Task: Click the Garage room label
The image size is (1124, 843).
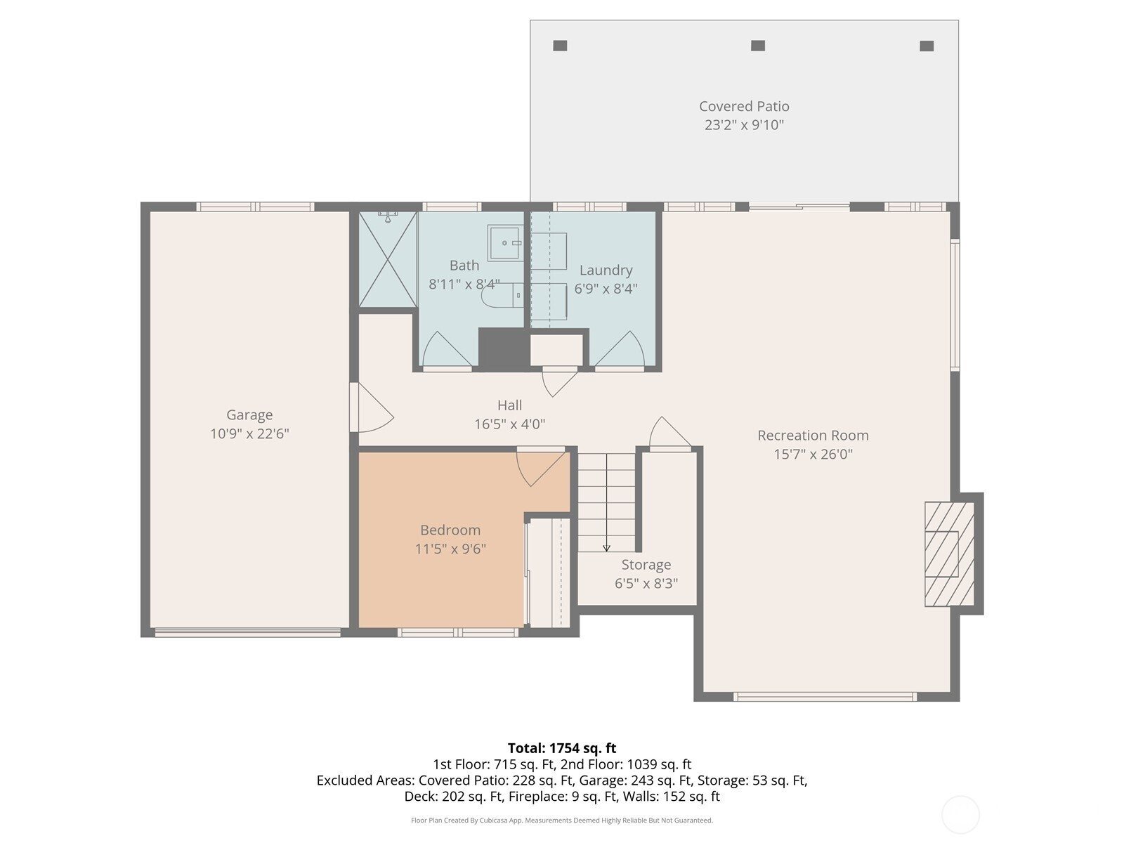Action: coord(249,414)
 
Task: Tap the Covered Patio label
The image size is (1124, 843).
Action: coord(744,107)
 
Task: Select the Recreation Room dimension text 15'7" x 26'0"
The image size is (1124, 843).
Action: coord(813,454)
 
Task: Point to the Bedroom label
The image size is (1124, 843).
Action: coord(450,530)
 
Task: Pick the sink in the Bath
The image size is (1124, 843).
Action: coord(505,243)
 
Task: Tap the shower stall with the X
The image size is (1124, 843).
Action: coord(388,259)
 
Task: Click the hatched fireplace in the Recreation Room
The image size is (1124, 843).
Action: coord(949,554)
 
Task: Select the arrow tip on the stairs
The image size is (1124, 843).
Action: coord(606,550)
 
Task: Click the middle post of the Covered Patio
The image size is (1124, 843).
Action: coord(758,46)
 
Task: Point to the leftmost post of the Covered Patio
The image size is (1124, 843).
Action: coord(560,46)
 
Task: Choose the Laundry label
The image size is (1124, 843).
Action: coord(606,270)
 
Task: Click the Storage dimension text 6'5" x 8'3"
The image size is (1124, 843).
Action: coord(646,584)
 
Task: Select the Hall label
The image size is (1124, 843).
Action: coord(509,405)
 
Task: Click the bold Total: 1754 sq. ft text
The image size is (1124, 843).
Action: coord(562,748)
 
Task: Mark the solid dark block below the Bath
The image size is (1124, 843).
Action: coord(504,349)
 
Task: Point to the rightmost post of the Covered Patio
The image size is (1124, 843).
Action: coord(927,46)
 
